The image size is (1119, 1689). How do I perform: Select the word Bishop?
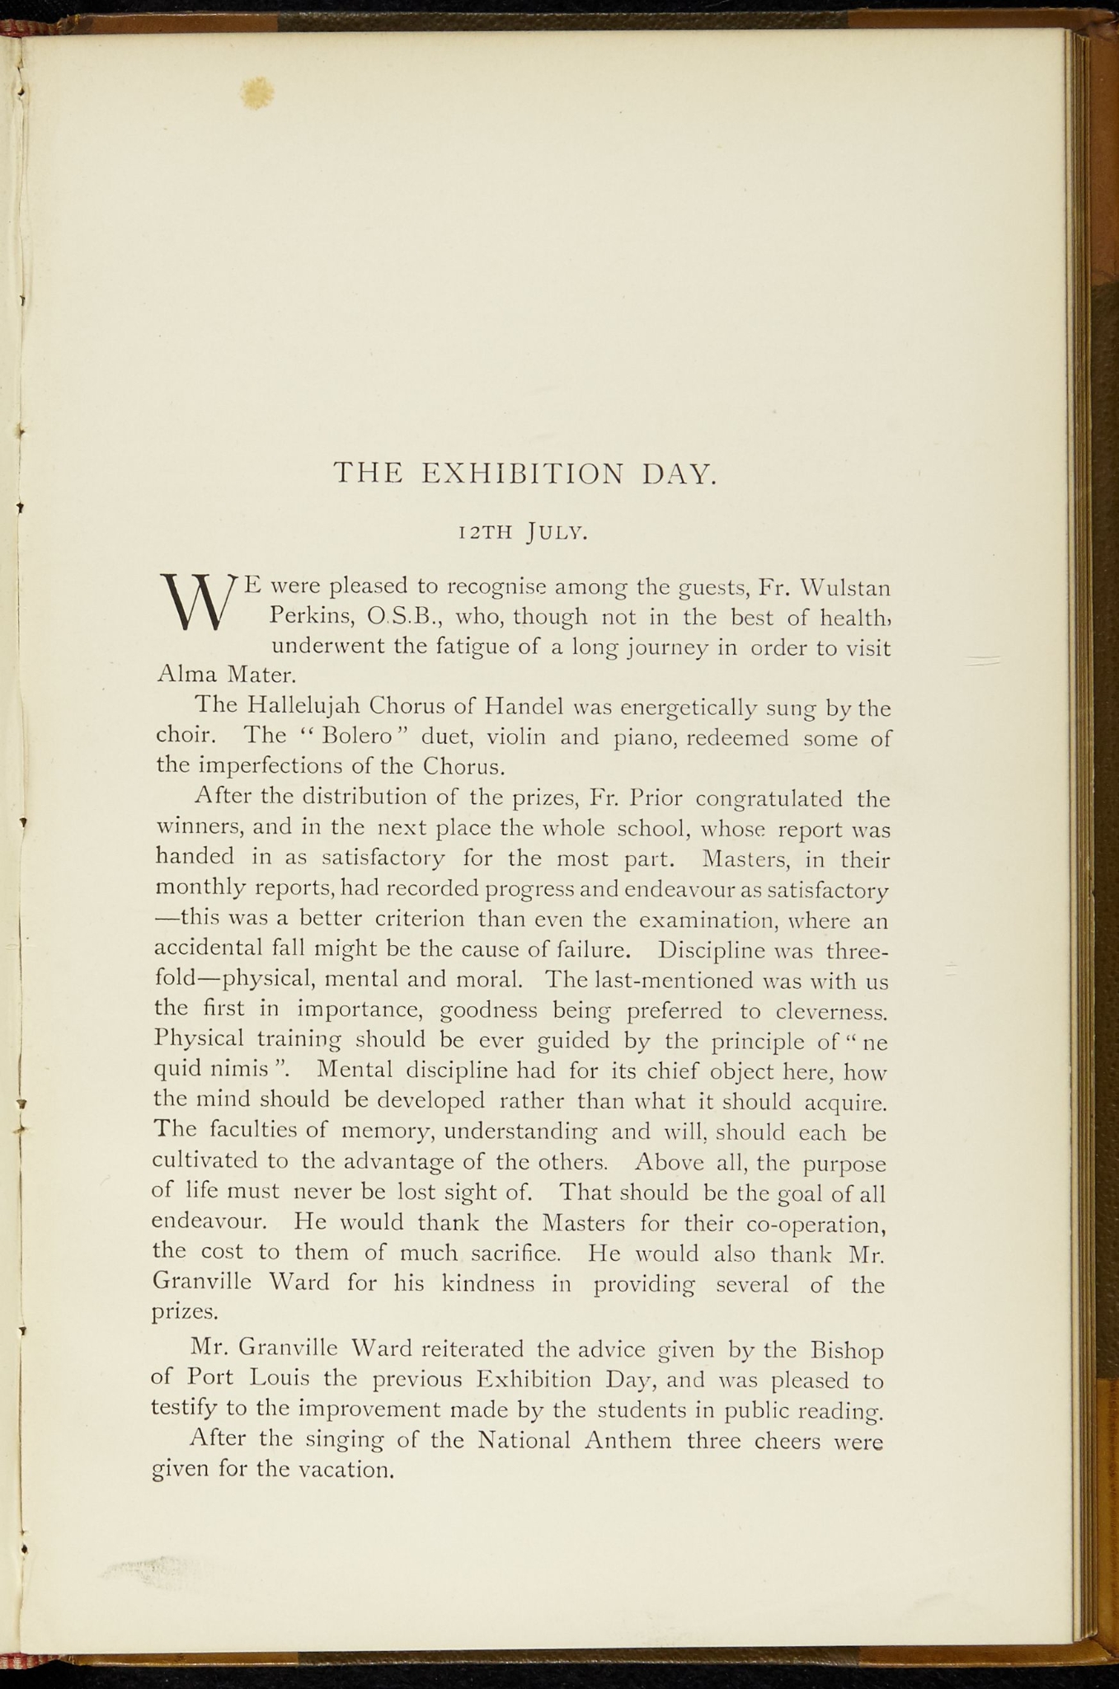tap(848, 1350)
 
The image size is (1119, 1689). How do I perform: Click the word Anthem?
tap(628, 1441)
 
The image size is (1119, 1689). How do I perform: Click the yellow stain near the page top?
tap(256, 92)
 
